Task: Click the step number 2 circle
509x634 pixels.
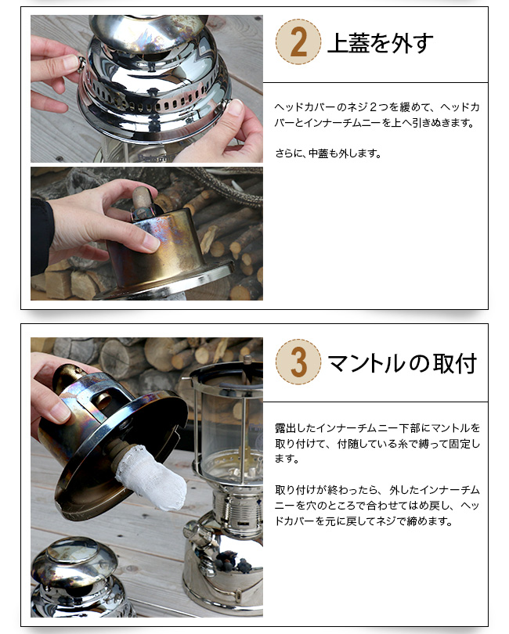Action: (298, 41)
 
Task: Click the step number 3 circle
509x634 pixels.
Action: (298, 362)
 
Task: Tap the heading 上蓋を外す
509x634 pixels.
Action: (380, 42)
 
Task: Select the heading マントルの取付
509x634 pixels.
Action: (403, 362)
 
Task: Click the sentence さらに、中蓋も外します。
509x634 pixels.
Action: (328, 153)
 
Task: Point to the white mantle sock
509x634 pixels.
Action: (152, 477)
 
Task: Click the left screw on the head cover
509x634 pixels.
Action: (81, 63)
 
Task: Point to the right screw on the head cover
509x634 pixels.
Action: (226, 103)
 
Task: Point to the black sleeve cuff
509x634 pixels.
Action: (42, 235)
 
